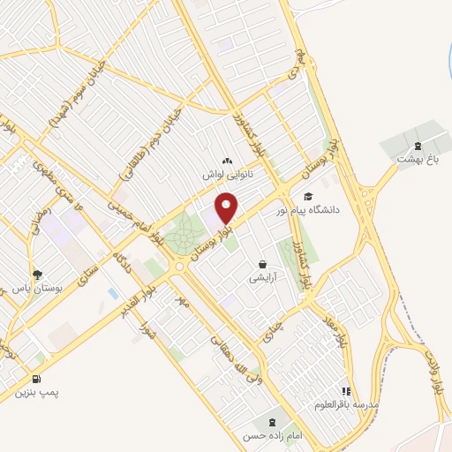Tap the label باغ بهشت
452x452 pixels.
click(418, 160)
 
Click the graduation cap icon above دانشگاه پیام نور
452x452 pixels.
click(308, 196)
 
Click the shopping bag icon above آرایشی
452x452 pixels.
click(262, 264)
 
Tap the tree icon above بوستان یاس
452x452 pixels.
click(36, 275)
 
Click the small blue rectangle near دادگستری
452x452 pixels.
click(111, 292)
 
